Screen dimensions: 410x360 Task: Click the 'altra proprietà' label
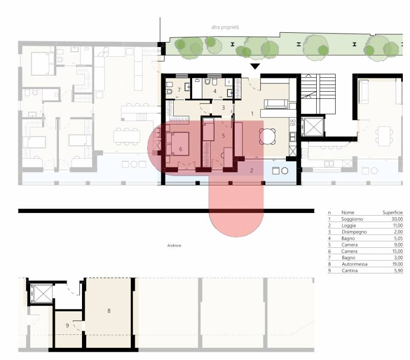225,27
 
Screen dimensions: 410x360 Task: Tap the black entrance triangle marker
255,67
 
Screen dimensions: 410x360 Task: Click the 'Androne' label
174,246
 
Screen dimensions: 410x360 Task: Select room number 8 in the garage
109,311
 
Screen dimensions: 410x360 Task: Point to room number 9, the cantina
68,326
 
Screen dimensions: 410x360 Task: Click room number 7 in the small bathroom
179,90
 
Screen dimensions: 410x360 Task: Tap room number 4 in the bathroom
215,91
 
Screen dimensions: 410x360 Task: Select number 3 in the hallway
223,108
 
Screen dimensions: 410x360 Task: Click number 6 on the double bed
180,149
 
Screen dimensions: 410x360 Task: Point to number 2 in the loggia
252,171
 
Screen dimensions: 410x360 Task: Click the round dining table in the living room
267,136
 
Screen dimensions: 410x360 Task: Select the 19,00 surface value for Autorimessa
398,264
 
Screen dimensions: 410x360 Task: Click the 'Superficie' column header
393,213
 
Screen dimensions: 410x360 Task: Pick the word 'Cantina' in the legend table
350,271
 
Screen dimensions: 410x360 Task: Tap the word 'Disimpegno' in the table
354,232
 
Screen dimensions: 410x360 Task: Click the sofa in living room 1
276,104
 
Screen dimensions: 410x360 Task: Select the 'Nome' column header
348,213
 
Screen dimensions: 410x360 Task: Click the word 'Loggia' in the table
348,225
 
